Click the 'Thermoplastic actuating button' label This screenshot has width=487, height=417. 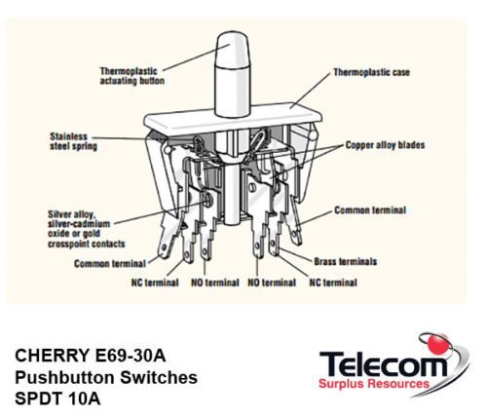pos(132,76)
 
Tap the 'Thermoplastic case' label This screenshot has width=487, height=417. pos(372,72)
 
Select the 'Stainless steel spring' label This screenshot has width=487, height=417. pos(73,141)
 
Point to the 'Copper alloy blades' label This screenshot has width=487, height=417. pos(385,145)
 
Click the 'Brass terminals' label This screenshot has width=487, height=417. pos(346,261)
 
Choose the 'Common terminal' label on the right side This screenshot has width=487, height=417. pos(370,210)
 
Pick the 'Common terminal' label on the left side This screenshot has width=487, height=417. pos(110,263)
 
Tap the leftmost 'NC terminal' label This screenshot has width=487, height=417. pos(155,283)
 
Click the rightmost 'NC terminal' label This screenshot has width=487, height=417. pos(333,283)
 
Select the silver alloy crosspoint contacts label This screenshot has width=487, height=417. pos(87,229)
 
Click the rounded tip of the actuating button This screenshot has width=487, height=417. pos(233,36)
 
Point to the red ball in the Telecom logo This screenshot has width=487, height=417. pos(437,344)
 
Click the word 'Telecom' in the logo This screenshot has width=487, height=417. pos(384,364)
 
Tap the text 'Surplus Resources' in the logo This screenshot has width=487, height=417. pos(374,384)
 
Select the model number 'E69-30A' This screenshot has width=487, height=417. pos(131,356)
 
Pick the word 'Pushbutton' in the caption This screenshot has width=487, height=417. pos(64,378)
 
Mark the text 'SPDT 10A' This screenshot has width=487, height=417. pos(57,399)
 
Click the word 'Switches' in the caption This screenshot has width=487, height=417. pos(159,378)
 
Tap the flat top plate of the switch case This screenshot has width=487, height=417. pos(233,119)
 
